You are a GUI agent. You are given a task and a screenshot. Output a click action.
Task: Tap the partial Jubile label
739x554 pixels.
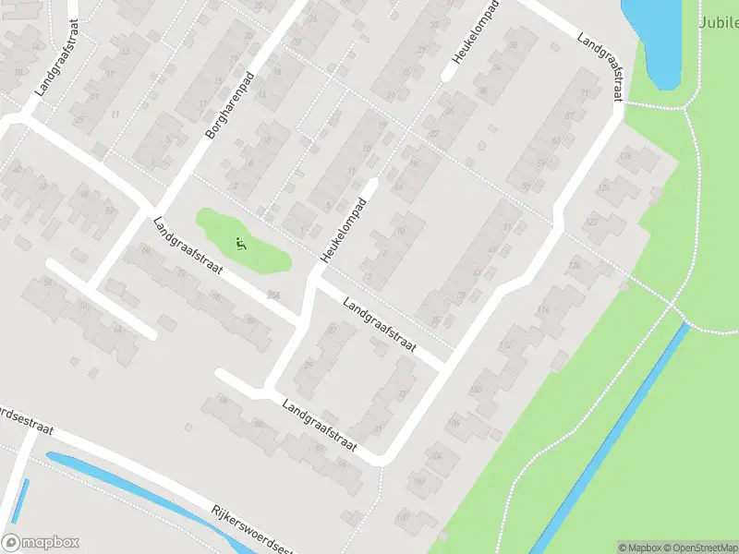click(718, 21)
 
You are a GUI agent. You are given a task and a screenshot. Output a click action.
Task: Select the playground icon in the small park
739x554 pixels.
click(241, 245)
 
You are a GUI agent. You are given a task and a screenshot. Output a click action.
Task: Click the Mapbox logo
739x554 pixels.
click(41, 542)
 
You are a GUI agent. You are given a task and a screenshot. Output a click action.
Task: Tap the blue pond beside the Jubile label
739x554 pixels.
click(658, 37)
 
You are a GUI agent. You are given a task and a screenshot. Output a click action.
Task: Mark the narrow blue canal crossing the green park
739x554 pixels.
click(610, 443)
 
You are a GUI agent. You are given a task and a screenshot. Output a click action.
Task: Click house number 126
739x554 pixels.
click(625, 154)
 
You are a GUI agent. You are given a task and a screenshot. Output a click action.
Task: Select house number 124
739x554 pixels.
click(604, 187)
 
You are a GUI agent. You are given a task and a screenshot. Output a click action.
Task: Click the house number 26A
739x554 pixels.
click(272, 295)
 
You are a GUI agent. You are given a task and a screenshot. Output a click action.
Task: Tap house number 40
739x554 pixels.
click(17, 169)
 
